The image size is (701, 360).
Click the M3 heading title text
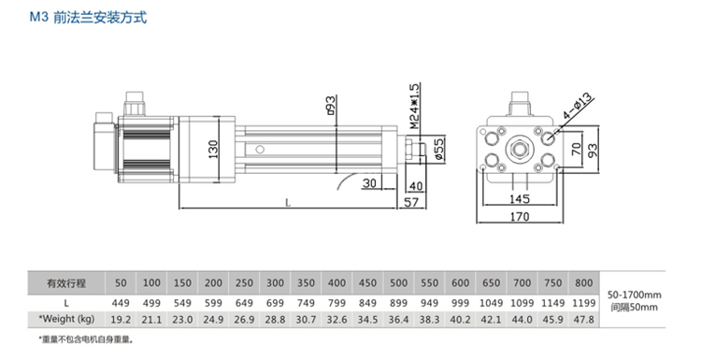pos(88,18)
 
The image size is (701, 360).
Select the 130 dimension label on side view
pos(213,150)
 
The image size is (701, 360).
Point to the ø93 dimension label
pos(330,105)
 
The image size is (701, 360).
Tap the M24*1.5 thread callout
pos(414,106)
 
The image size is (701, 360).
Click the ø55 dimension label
pos(439,150)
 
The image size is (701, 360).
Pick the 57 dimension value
pos(411,202)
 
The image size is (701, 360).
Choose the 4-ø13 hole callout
pos(578,106)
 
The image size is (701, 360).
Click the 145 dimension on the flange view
pos(520,198)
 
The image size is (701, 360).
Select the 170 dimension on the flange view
pos(520,217)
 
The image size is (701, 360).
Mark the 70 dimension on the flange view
pos(577,149)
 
